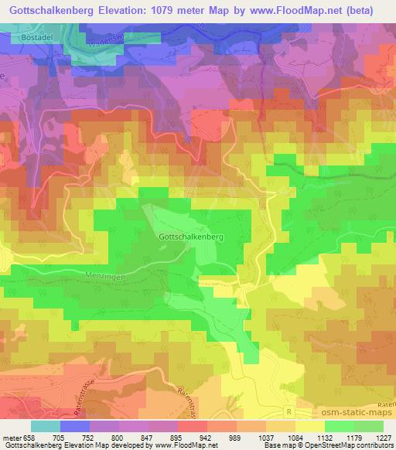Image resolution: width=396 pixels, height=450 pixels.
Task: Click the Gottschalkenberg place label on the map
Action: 190,237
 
